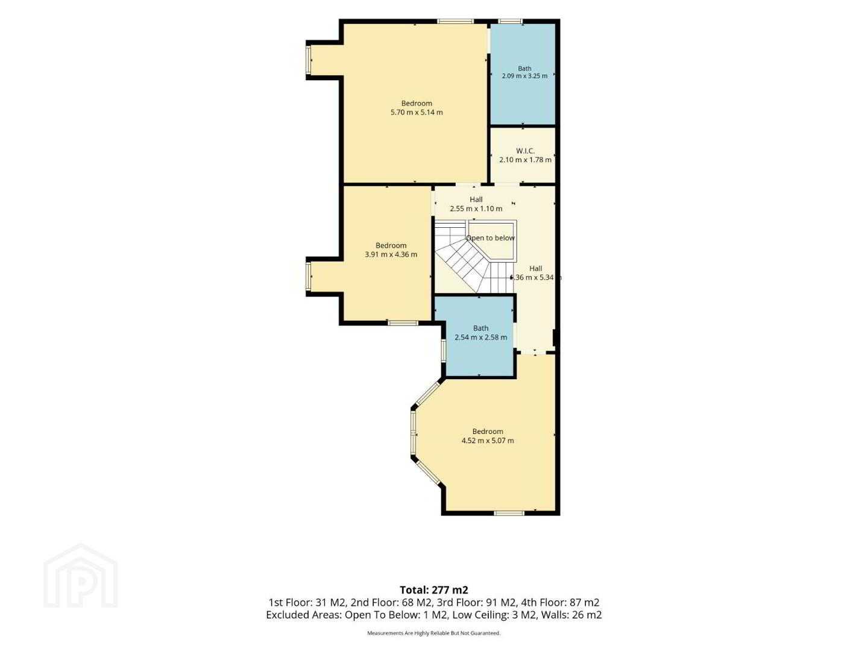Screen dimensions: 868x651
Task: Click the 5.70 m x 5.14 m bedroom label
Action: [417, 107]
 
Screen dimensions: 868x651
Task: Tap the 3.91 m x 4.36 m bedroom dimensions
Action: [391, 254]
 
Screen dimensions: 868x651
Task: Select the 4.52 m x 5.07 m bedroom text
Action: [488, 436]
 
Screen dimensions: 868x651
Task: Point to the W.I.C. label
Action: [525, 151]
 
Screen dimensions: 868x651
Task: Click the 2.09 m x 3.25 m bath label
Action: [525, 72]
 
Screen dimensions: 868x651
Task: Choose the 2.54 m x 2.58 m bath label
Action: [481, 333]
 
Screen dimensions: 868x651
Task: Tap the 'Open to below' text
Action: [490, 238]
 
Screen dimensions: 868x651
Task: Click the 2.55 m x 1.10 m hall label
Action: [476, 204]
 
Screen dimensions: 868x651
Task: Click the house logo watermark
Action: [80, 576]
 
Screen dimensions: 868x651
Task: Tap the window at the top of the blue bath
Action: [510, 21]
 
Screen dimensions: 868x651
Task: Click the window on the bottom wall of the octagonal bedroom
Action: [509, 513]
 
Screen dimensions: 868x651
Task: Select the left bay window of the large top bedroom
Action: [309, 60]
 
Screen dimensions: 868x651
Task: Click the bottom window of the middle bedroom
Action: [403, 323]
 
